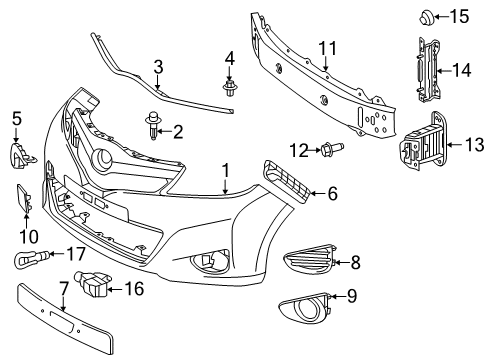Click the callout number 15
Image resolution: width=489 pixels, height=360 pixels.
click(459, 16)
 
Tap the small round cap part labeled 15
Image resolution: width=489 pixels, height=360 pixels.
click(426, 17)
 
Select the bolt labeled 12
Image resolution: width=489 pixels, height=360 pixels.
click(332, 149)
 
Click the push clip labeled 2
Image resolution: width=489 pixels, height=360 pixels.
click(152, 126)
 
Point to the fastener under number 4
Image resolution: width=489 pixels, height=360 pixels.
click(229, 88)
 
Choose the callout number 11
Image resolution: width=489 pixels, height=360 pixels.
click(328, 48)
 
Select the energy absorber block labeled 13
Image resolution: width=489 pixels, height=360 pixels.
click(421, 142)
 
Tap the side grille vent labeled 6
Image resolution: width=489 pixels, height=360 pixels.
click(287, 182)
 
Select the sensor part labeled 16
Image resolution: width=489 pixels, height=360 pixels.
click(92, 283)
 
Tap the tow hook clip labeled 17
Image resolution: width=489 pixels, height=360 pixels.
click(31, 258)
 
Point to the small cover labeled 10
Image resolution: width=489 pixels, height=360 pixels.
click(24, 198)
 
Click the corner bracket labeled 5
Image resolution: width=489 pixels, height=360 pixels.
click(21, 155)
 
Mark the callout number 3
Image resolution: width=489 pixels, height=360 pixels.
click(158, 67)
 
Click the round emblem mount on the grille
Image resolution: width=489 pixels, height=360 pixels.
click(101, 159)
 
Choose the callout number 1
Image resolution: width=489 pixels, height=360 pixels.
click(226, 171)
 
